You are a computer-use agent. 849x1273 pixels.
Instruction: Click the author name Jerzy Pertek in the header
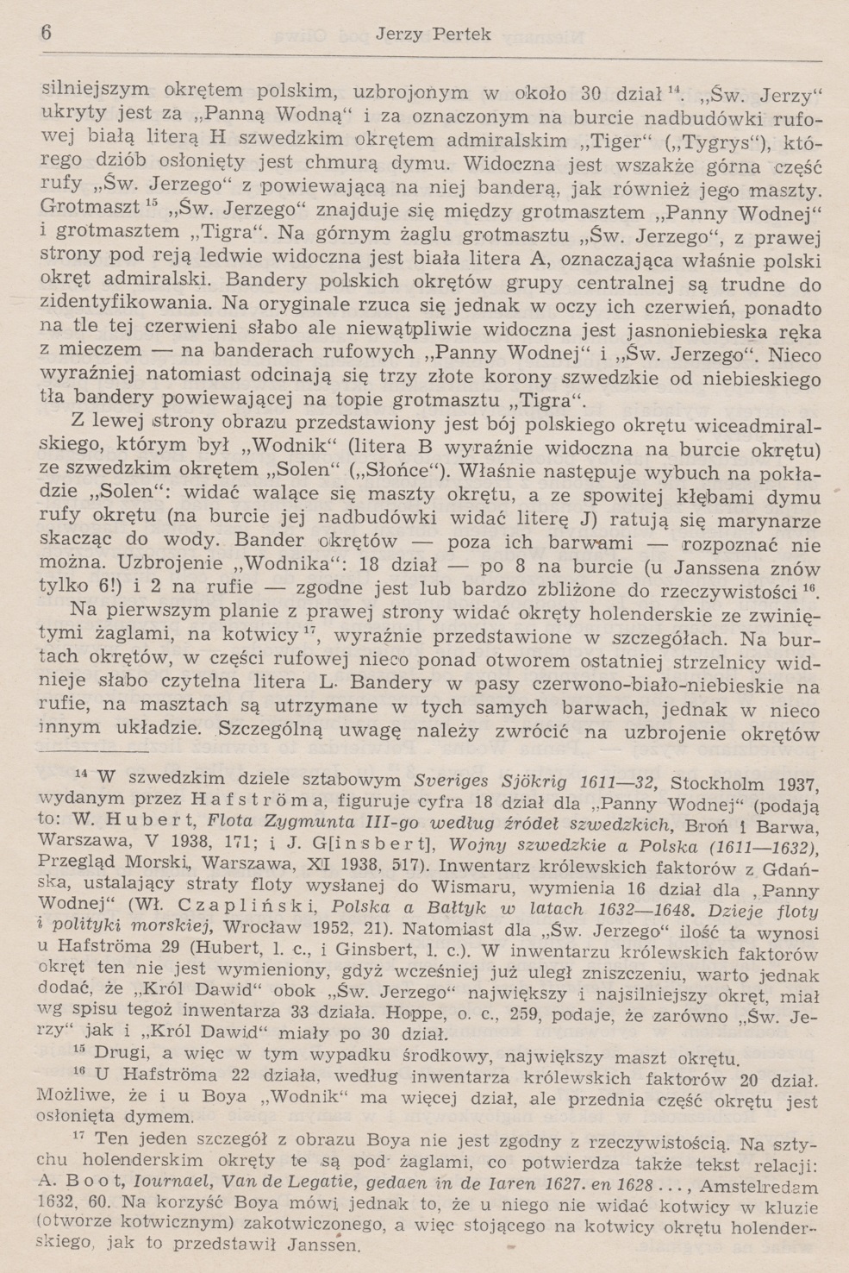434,34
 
